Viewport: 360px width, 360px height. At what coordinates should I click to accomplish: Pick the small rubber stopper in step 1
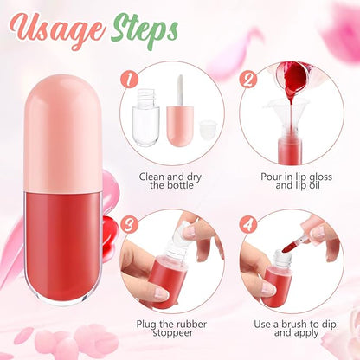tap(206, 128)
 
